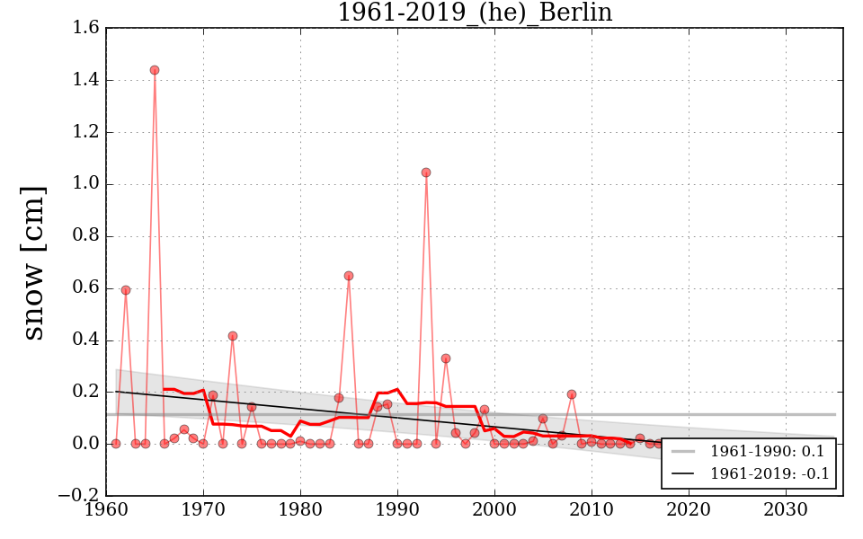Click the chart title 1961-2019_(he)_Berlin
coord(474,13)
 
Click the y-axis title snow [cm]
coord(33,262)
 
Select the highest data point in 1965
coord(155,70)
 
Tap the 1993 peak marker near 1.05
coord(426,172)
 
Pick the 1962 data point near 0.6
coord(126,290)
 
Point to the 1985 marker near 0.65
coord(349,276)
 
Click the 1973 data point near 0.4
coord(233,336)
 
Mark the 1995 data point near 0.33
coord(446,358)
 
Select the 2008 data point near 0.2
coord(572,394)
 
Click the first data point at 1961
coord(116,444)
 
